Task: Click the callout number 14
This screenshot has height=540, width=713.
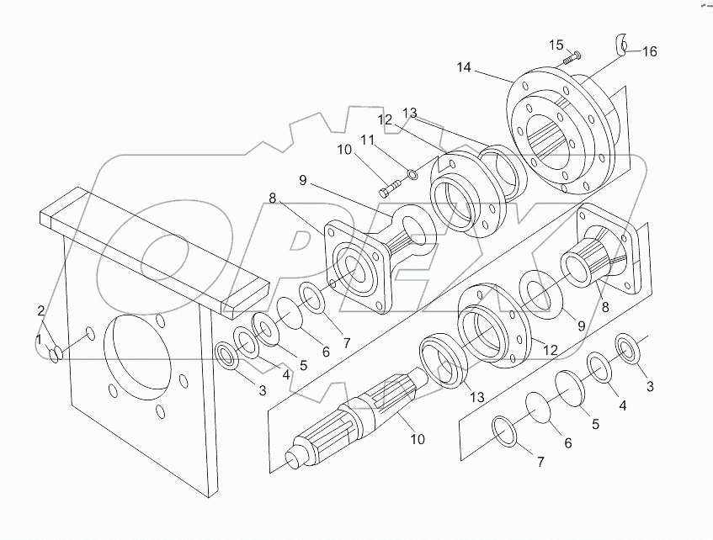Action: [x=466, y=67]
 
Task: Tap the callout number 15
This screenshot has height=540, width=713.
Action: [x=556, y=45]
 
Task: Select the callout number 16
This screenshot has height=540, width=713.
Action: [x=649, y=51]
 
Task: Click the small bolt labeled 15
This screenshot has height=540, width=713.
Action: [x=572, y=57]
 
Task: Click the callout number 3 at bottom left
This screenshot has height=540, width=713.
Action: [x=262, y=390]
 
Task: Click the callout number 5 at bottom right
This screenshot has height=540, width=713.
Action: [x=595, y=424]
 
